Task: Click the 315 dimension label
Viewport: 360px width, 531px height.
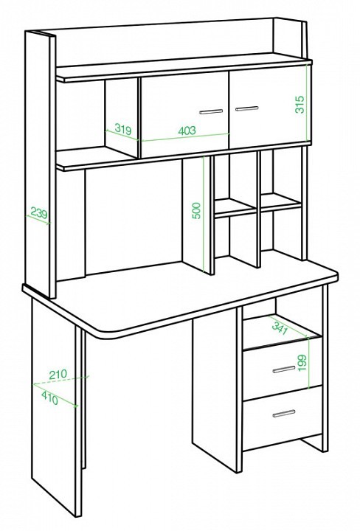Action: click(300, 104)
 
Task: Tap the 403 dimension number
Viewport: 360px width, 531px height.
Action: click(187, 130)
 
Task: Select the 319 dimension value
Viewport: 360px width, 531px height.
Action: click(123, 128)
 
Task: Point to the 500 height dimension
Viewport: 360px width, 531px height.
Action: click(197, 211)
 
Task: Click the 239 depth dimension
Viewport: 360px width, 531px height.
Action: click(39, 213)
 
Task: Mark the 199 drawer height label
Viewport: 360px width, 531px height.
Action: click(302, 362)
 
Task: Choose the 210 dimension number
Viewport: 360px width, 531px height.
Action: click(58, 375)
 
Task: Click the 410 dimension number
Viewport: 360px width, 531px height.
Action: click(50, 398)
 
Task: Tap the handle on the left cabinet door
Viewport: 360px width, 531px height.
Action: click(211, 111)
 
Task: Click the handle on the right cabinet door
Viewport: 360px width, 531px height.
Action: click(247, 108)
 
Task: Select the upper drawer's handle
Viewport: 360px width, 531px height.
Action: click(284, 369)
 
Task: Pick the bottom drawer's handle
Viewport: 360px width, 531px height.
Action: click(284, 414)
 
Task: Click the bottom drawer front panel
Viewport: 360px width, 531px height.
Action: click(283, 417)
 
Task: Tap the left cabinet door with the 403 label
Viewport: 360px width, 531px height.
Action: click(185, 115)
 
